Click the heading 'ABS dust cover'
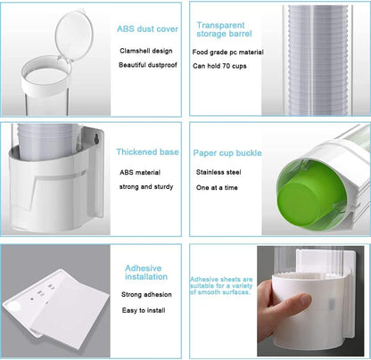(x=147, y=29)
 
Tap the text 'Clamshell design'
(x=146, y=51)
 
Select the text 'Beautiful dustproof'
(x=148, y=65)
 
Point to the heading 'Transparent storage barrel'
(x=224, y=29)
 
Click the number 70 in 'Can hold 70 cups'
(x=227, y=66)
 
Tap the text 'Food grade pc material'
(x=227, y=53)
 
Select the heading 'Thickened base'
(x=147, y=152)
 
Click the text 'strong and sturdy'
(x=146, y=187)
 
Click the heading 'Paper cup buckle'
(x=227, y=153)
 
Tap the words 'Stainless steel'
(x=218, y=172)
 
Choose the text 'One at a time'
(x=217, y=188)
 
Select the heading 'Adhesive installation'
(x=146, y=273)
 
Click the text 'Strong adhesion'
(x=146, y=295)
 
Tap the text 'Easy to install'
(x=144, y=310)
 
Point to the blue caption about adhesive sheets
(x=221, y=286)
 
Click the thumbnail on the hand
(x=306, y=299)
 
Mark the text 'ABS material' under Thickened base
(x=140, y=173)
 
